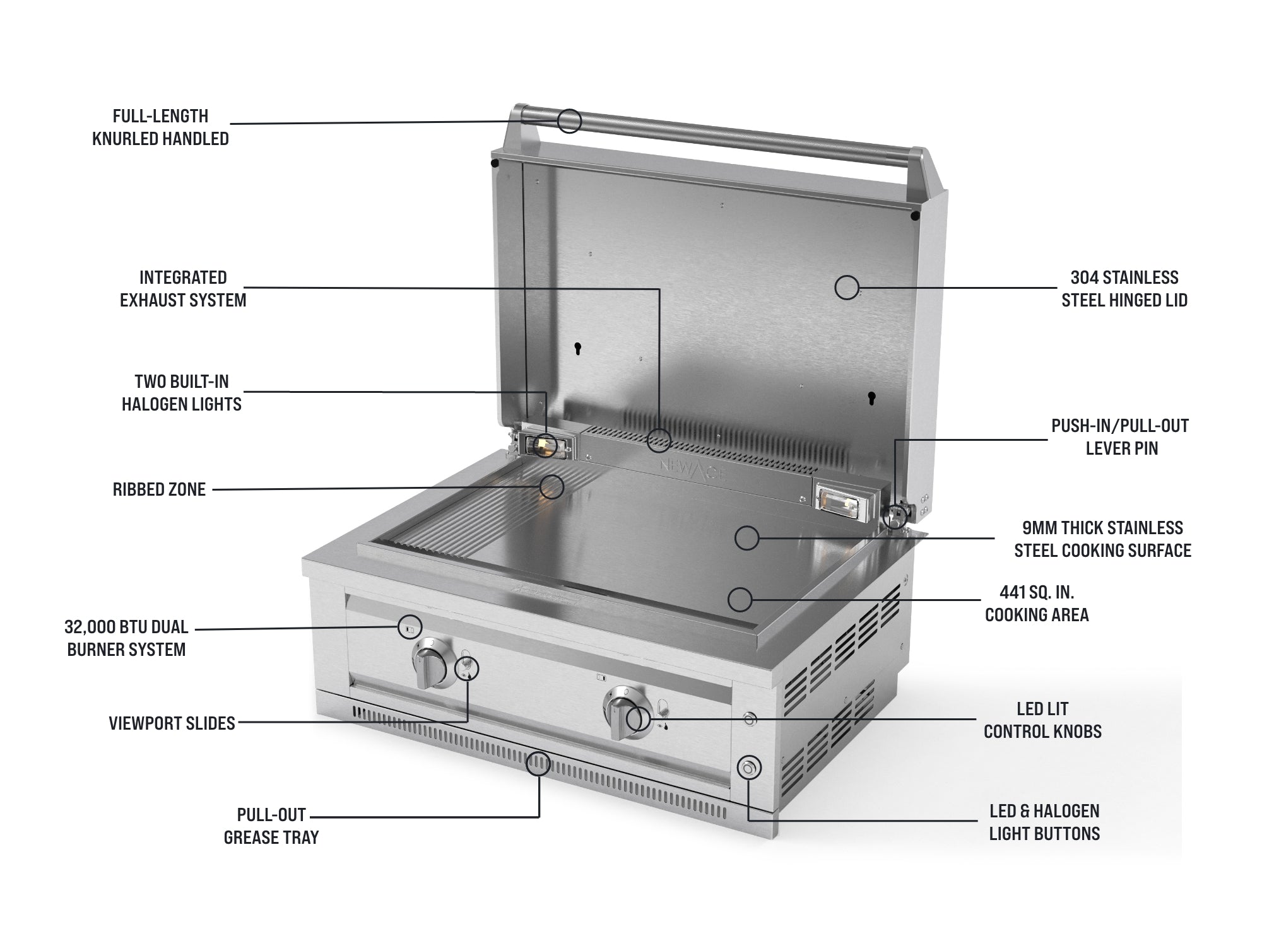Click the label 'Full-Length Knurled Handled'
pos(161,127)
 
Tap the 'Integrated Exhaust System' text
pos(183,289)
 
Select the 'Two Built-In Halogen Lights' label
pos(182,393)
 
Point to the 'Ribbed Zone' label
pos(159,489)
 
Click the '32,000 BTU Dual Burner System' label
pos(126,638)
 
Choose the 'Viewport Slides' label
pos(172,723)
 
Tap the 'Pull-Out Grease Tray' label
pos(271,826)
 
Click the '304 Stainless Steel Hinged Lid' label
pos(1124,289)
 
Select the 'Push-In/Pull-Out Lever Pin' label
pos(1121,437)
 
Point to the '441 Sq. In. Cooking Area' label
pos(1037,604)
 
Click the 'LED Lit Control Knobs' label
pos(1042,720)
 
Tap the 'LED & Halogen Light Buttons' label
pos(1044,822)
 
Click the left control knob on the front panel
pos(432,663)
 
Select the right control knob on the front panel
pos(625,715)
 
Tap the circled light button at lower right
pos(749,768)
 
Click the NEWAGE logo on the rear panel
pos(692,470)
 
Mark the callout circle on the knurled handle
pos(569,120)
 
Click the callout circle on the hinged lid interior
pos(847,288)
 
